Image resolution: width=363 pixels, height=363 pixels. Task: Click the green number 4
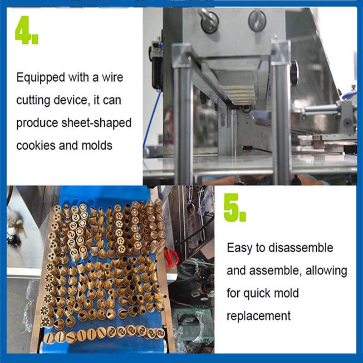[x=23, y=30]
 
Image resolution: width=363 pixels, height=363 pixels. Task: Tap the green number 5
[x=231, y=207]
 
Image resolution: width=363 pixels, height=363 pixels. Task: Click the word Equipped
[x=40, y=78]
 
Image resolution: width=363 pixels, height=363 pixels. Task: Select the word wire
[x=112, y=77]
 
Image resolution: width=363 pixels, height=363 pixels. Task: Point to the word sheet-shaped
[x=96, y=123]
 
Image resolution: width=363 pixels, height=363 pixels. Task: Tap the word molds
[x=97, y=146]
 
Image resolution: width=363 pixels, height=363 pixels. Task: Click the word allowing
[x=326, y=271]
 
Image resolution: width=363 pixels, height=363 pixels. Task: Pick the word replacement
[x=259, y=316]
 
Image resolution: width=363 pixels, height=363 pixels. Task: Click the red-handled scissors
[x=172, y=257]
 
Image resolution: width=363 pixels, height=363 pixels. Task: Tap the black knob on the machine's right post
[x=294, y=73]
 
